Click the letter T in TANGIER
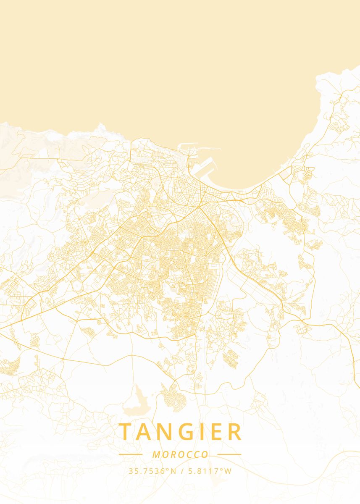[125, 432]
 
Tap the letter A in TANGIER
[146, 432]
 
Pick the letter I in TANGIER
[209, 432]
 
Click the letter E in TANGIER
[221, 432]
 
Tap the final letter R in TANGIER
[236, 432]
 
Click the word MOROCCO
[180, 454]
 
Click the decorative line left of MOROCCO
[131, 454]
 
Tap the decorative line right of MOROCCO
[229, 454]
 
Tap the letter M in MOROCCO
[156, 454]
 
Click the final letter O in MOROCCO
[205, 454]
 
